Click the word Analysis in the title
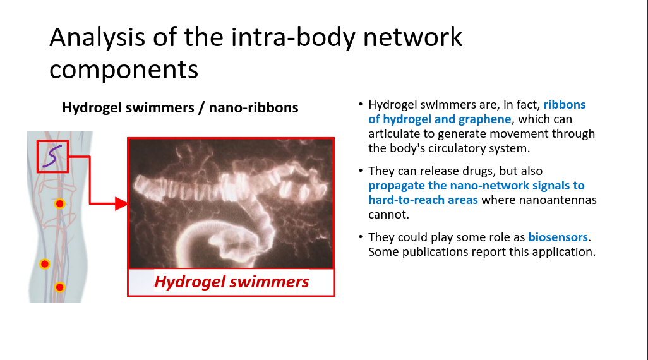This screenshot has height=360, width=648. [97, 38]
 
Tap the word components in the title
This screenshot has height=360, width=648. [124, 69]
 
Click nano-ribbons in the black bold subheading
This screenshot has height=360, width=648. [253, 107]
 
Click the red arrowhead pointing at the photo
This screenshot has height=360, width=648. [121, 203]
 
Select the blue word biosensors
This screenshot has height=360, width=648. [558, 237]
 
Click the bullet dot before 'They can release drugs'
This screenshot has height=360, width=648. [361, 171]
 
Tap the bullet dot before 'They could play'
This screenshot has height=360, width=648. [361, 237]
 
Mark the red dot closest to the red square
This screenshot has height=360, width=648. [60, 203]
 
